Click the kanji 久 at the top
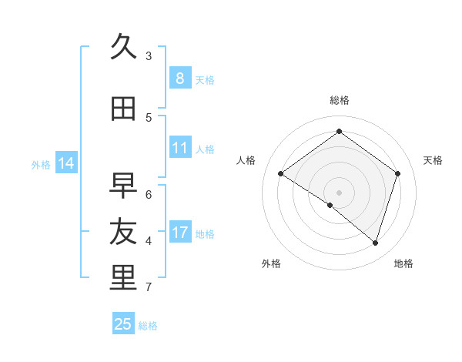pos(123,48)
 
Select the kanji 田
pos(123,109)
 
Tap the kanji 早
pos(123,186)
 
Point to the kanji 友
pos(123,232)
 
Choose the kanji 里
pos(123,278)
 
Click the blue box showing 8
pos(179,79)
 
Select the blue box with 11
pos(179,148)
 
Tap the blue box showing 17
pos(179,233)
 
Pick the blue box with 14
pos(65,163)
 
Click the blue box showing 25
pos(123,324)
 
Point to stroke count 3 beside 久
pos(149,56)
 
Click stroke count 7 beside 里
pos(149,287)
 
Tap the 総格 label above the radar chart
pos(339,100)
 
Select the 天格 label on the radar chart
pos(433,160)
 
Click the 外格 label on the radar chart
pos(271,263)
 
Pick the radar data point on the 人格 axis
pos(281,174)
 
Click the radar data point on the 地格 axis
pos(375,243)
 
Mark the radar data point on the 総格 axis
pos(339,131)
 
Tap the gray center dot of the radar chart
pos(339,192)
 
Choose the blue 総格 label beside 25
pos(148,326)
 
